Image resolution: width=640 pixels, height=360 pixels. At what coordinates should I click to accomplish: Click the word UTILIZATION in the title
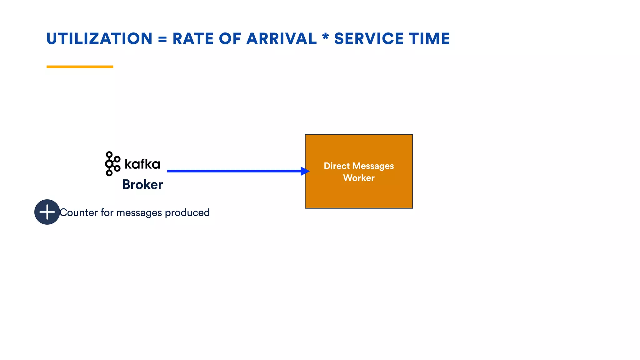click(99, 39)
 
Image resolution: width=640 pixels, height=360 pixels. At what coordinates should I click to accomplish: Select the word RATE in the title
click(193, 39)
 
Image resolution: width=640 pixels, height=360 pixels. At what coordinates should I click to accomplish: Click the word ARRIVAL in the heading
click(281, 39)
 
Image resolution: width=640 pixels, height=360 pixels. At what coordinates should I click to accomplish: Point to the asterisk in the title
click(325, 37)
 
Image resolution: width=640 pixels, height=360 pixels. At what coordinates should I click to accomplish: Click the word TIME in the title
click(429, 39)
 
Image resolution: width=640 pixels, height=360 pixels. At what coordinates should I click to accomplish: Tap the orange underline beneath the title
click(80, 67)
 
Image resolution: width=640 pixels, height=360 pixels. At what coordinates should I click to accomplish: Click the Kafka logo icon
click(112, 164)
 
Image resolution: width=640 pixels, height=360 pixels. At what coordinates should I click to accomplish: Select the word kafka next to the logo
click(142, 164)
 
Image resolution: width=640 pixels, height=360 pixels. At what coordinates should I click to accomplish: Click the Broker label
click(142, 184)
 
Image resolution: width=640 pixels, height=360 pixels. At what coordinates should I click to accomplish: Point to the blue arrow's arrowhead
click(305, 171)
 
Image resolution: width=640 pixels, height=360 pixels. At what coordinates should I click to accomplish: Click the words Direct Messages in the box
click(359, 166)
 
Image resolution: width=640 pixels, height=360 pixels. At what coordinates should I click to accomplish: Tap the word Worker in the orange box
click(359, 178)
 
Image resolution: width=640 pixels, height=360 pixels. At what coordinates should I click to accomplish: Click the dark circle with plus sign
click(47, 212)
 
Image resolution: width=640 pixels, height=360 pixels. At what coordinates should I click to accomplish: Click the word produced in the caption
click(187, 213)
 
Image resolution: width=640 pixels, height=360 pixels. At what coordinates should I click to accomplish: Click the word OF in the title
click(230, 39)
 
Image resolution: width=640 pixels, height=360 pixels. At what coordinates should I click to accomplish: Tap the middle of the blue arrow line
click(234, 171)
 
